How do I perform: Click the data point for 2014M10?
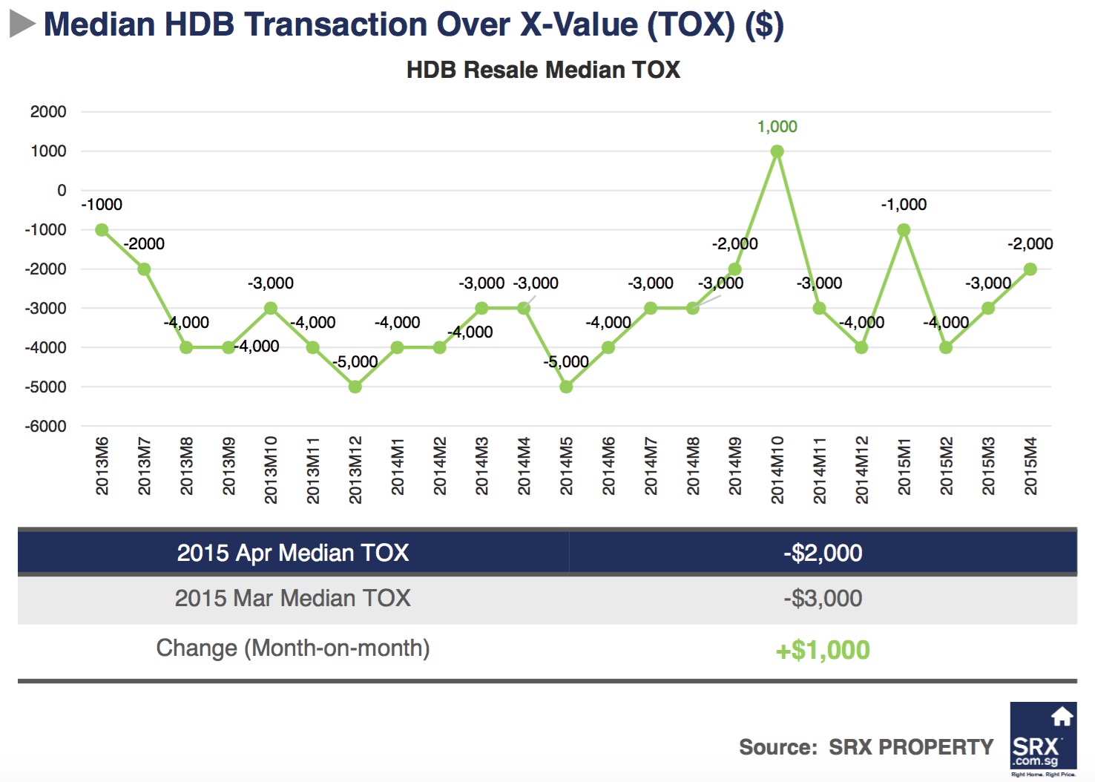(x=777, y=151)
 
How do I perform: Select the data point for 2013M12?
(x=355, y=387)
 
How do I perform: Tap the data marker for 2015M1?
(x=904, y=230)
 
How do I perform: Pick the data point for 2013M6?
(x=102, y=230)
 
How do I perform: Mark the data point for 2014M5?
(x=566, y=387)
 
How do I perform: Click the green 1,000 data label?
(x=777, y=127)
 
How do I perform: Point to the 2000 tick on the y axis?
(x=48, y=112)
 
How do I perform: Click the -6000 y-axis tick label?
(x=46, y=427)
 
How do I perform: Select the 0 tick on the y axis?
(x=62, y=191)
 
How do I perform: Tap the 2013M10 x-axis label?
(x=271, y=470)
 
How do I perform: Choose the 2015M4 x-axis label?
(x=1030, y=466)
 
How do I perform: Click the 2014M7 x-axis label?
(x=651, y=466)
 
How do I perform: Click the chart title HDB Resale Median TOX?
(x=543, y=70)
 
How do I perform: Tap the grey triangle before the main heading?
(x=22, y=24)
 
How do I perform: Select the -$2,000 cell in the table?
(x=823, y=553)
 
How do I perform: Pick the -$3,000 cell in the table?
(x=823, y=598)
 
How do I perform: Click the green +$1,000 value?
(x=823, y=650)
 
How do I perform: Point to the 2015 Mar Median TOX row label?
(x=292, y=598)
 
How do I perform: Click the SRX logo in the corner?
(x=1043, y=737)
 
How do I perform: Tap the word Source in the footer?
(x=777, y=747)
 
